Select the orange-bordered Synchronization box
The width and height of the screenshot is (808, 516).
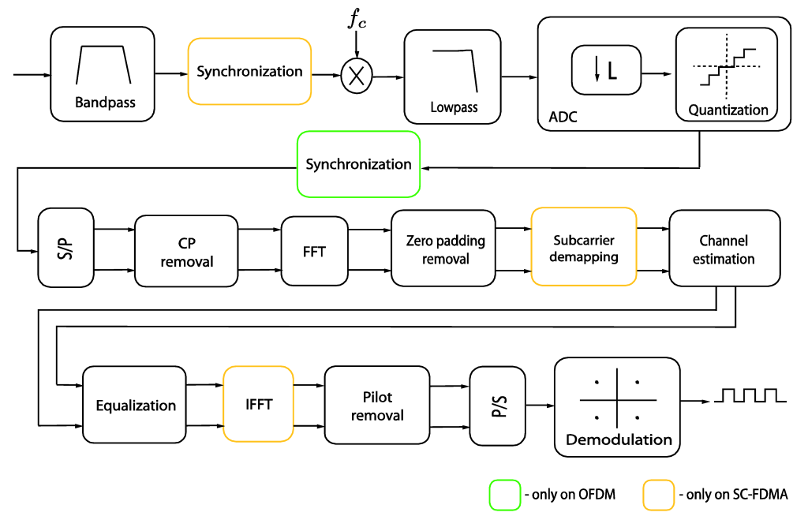point(249,71)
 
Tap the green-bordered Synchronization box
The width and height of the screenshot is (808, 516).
point(358,164)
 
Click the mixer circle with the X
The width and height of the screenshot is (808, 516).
point(356,77)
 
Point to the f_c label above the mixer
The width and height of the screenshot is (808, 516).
point(358,20)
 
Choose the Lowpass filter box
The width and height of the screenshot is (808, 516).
point(454,76)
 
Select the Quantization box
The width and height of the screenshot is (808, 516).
point(728,76)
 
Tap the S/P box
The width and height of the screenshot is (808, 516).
point(65,248)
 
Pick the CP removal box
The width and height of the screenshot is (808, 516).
point(187,251)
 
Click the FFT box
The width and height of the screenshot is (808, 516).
point(314,251)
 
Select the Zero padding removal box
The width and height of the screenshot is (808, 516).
point(445,249)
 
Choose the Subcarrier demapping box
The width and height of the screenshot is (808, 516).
point(584,246)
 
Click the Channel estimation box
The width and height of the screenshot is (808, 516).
point(723,248)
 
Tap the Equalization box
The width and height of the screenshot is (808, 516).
point(136,406)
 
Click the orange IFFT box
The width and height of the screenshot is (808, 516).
point(259,404)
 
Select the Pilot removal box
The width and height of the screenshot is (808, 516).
point(377,405)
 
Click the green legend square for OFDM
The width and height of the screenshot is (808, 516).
point(503,495)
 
